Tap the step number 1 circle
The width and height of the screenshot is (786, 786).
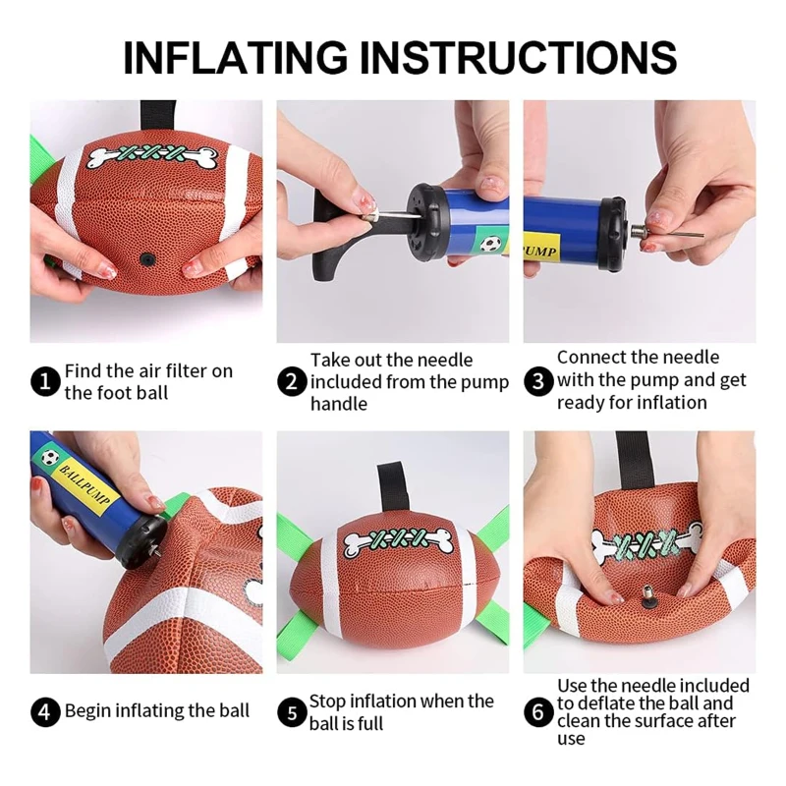coord(45,381)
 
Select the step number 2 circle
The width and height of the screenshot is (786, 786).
coord(292,381)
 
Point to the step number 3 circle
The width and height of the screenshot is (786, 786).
coord(538,381)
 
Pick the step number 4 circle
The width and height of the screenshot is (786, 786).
coord(45,711)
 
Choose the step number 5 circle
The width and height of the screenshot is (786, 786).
coord(292,712)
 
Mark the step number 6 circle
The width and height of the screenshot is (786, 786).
coord(538,711)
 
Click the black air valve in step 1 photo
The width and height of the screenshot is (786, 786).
coord(146,259)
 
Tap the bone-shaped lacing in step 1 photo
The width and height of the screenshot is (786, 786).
coord(153,156)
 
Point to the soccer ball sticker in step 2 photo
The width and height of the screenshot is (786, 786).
coord(490,244)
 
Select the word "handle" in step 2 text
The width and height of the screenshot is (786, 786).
coord(339,404)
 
